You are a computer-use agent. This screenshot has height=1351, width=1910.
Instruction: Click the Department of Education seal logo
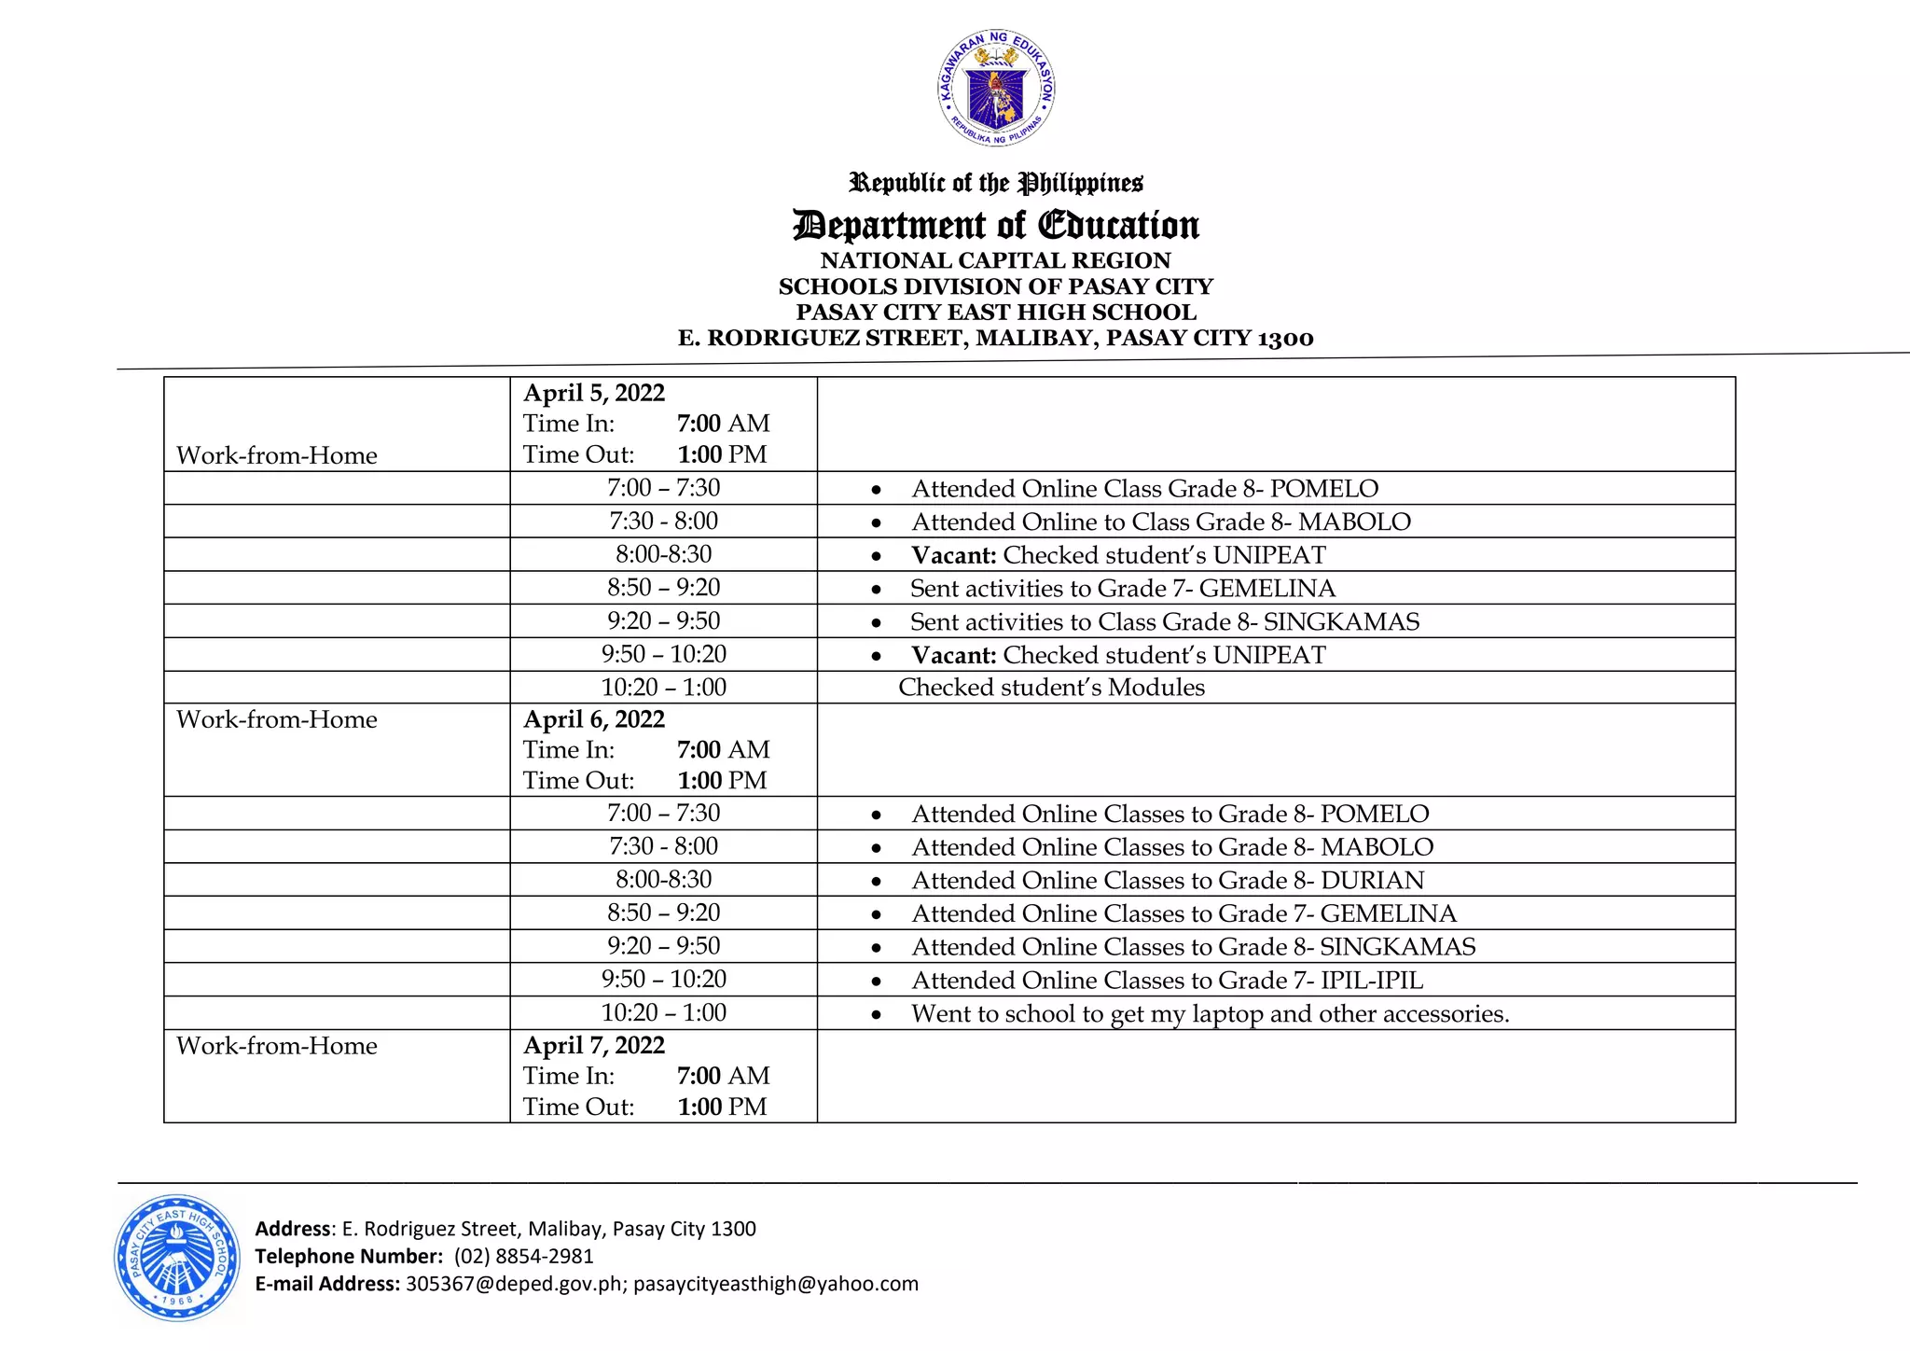pos(996,88)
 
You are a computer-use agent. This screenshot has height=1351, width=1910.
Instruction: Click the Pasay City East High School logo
pos(177,1258)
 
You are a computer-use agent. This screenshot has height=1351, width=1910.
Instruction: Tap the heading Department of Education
pos(996,225)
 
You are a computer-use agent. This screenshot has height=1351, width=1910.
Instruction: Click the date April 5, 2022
pos(594,393)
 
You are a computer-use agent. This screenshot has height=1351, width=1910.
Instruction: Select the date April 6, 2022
pos(594,719)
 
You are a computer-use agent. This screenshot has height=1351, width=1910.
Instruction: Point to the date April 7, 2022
pos(594,1045)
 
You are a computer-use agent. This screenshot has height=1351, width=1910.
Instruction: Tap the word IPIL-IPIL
pos(1372,980)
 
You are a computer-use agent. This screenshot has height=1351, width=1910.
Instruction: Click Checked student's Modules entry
pos(1051,688)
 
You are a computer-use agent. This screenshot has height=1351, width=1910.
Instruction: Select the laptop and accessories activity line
pos(1210,1013)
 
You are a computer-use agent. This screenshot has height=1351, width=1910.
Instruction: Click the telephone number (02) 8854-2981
pos(523,1256)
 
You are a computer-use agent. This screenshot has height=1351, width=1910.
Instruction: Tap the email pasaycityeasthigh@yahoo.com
pos(776,1284)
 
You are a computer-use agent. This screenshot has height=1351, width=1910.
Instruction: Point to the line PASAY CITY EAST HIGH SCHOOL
pos(996,313)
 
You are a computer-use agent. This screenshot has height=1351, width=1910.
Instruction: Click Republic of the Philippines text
pos(996,183)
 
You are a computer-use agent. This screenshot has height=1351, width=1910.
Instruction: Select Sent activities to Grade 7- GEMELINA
pos(1122,588)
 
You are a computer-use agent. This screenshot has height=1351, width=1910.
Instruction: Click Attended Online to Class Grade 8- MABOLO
pos(1160,522)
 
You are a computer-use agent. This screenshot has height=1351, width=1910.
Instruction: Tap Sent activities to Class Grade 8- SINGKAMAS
pos(1164,621)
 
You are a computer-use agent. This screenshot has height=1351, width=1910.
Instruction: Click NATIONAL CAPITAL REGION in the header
pos(996,260)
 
